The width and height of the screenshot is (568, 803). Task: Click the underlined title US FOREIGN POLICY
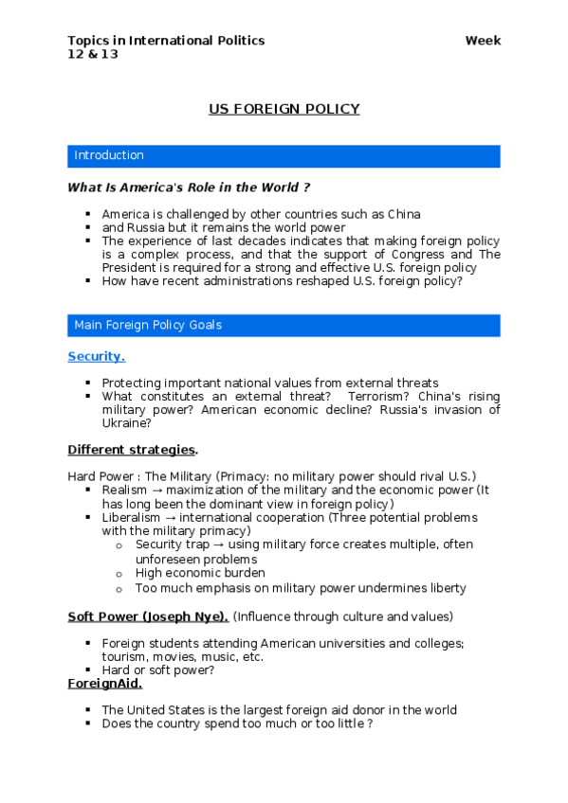click(284, 109)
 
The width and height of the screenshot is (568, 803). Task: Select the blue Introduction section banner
click(284, 155)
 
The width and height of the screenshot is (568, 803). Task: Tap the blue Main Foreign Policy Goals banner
click(284, 325)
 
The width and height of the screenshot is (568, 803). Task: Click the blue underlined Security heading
click(96, 356)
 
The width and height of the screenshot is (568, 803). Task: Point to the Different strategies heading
click(132, 448)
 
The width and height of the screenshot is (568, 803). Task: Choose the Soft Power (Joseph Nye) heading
click(147, 616)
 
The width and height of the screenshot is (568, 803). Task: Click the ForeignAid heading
click(104, 683)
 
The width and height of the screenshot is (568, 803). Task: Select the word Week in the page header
click(483, 41)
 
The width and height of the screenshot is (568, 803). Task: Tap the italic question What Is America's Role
click(189, 187)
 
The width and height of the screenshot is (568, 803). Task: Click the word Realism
click(124, 490)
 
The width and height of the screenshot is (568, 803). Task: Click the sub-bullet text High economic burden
click(200, 573)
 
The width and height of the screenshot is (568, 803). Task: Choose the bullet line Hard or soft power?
click(157, 669)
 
